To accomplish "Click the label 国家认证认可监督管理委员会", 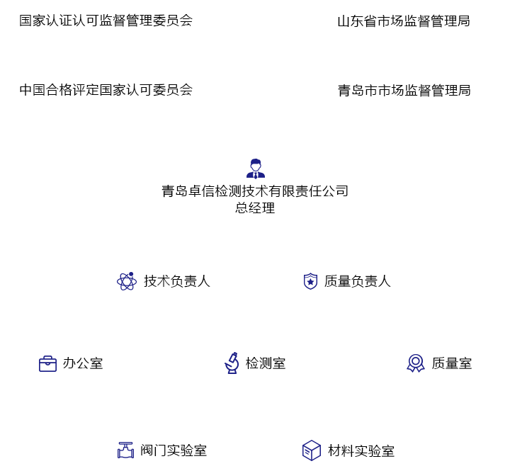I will (x=106, y=21).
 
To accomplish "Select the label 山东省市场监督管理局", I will (x=403, y=21).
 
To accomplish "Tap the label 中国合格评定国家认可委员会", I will (x=106, y=90).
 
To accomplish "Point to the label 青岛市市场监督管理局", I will (x=404, y=91).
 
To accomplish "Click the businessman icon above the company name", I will (x=255, y=169).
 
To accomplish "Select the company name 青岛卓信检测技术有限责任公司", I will (x=255, y=191).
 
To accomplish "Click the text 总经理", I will (x=255, y=208).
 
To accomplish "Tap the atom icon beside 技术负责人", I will (x=127, y=281).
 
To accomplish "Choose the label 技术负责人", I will (x=176, y=281).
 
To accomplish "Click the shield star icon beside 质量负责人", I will (x=310, y=281).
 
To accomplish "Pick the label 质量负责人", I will (x=357, y=281).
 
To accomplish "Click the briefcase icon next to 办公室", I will (x=47, y=364).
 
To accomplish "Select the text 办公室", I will (x=83, y=363).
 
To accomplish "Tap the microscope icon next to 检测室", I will (x=232, y=363).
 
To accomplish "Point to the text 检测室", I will (x=266, y=363).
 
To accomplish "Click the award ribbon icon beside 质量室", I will (x=416, y=363).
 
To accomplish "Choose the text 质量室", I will (x=451, y=363).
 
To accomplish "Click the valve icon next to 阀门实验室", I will (x=125, y=450).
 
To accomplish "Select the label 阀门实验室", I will (x=174, y=450).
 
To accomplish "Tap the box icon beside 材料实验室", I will (x=311, y=450).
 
